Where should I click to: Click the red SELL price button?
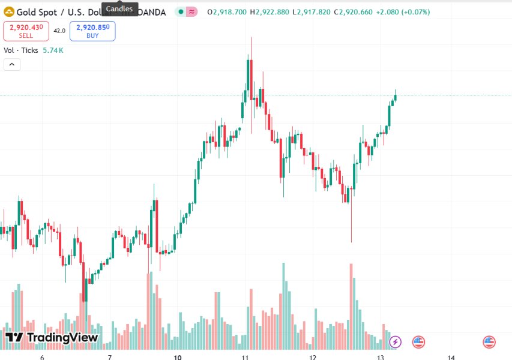pyautogui.click(x=26, y=31)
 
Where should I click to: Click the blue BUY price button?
pyautogui.click(x=92, y=31)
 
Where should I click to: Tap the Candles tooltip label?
pyautogui.click(x=119, y=8)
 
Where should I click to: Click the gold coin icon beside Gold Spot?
pyautogui.click(x=9, y=12)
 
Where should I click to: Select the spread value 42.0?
pyautogui.click(x=59, y=31)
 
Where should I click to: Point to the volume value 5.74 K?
pyautogui.click(x=53, y=50)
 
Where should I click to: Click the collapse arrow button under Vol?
pyautogui.click(x=12, y=65)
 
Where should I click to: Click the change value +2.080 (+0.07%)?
pyautogui.click(x=403, y=12)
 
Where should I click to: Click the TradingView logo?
pyautogui.click(x=52, y=338)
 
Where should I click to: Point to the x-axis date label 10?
pyautogui.click(x=177, y=357)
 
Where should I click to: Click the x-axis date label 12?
pyautogui.click(x=313, y=357)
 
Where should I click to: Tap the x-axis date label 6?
pyautogui.click(x=42, y=357)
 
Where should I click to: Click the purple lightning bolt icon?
pyautogui.click(x=395, y=342)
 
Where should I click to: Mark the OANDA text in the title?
pyautogui.click(x=152, y=12)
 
